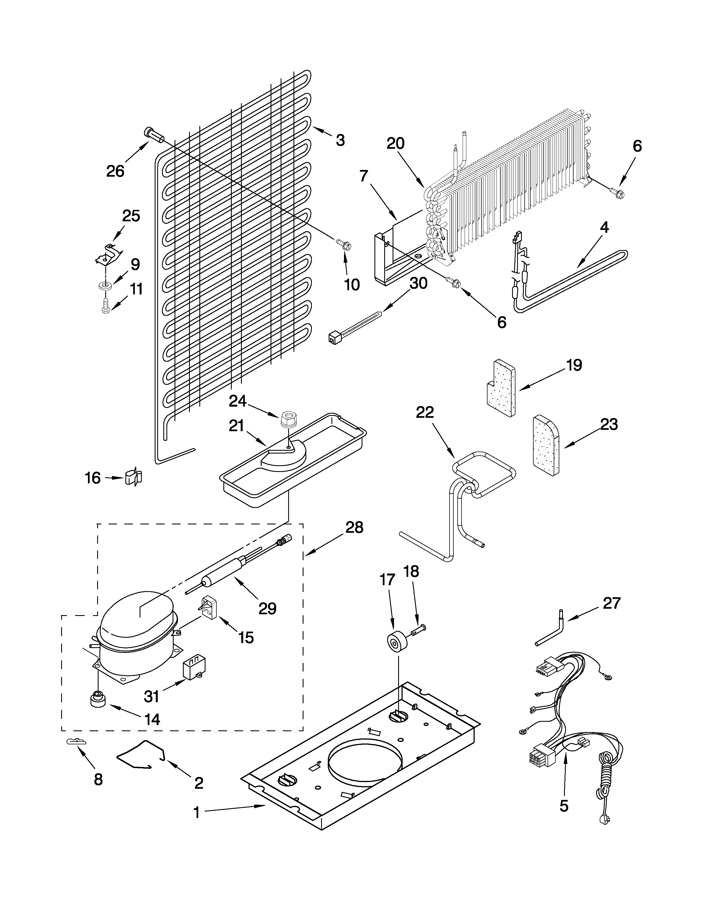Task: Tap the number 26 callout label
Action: [115, 171]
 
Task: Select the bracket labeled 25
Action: [107, 253]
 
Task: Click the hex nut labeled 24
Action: [288, 419]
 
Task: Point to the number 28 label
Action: [354, 527]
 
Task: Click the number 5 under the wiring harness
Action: [564, 806]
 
